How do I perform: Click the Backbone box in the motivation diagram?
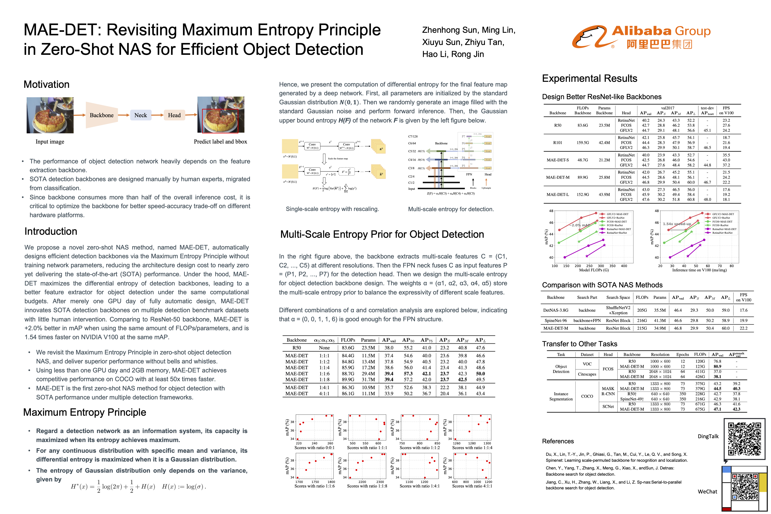102,115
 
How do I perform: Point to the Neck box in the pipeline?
141,115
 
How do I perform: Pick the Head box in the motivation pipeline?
174,115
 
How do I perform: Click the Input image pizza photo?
50,115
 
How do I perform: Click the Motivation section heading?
46,85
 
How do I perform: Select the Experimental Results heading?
589,79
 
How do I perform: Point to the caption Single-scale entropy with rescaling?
332,209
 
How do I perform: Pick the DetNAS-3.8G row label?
556,310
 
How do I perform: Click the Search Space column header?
618,298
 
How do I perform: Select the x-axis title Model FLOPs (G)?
594,270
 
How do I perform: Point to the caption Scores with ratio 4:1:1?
472,486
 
